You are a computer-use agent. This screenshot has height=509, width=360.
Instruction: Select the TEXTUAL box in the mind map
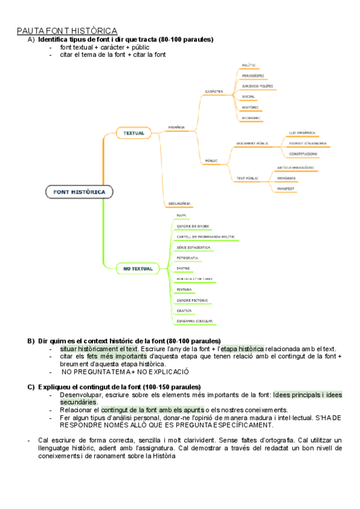134,133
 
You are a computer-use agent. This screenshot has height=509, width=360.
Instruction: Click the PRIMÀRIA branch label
176,127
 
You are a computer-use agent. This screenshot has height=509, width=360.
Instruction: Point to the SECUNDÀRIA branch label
179,203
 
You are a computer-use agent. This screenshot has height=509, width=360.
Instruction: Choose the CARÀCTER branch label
214,92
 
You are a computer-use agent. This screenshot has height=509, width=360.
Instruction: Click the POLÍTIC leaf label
249,65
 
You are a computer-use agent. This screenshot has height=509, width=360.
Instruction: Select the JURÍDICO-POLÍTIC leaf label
257,86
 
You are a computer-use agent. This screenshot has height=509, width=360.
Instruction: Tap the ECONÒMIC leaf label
251,118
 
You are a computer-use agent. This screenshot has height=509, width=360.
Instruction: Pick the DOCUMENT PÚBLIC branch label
252,143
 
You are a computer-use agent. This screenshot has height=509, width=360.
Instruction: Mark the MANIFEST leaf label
286,189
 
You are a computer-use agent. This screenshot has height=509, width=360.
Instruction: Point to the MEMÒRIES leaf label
286,178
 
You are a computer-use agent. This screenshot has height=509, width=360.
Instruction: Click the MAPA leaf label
181,215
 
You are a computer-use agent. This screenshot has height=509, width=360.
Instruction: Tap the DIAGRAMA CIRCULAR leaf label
194,321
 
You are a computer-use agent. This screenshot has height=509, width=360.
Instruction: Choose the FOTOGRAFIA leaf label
187,258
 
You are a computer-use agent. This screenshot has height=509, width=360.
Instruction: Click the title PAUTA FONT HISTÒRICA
67,31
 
